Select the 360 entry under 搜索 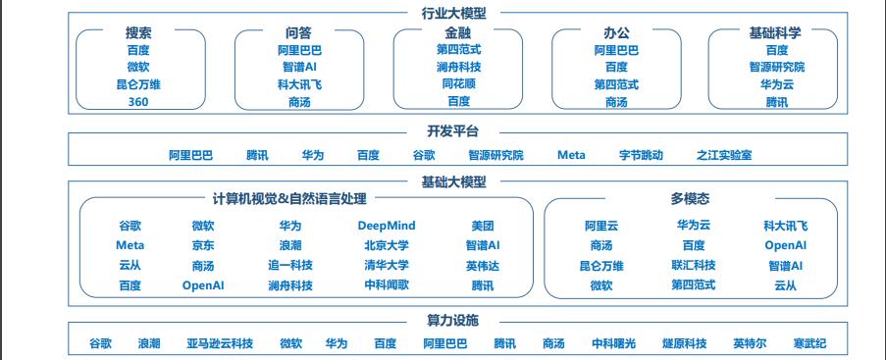point(137,102)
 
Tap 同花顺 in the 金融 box point(458,84)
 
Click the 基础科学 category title point(775,32)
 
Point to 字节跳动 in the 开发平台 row point(641,155)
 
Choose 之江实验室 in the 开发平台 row point(724,155)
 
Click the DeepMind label point(387,226)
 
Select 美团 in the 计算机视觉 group point(482,226)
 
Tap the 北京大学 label point(387,245)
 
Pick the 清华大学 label point(387,265)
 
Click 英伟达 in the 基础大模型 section point(482,265)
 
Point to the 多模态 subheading point(690,199)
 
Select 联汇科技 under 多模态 point(693,265)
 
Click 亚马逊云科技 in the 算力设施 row point(220,343)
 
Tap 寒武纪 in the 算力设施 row point(810,343)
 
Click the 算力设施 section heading point(452,321)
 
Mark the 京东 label point(203,245)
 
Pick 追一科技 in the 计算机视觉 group point(290,265)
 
